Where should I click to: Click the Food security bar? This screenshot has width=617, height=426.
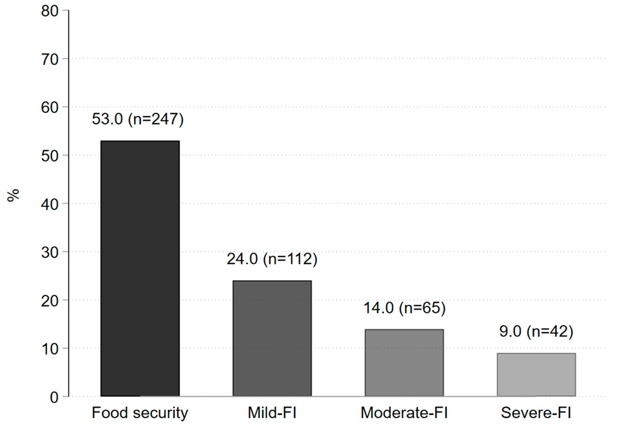[x=140, y=268]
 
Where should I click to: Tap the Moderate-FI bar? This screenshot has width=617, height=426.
[x=404, y=362]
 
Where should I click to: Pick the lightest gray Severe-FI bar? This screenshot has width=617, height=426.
[x=536, y=374]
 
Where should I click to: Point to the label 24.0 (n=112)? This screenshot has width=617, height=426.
[x=272, y=259]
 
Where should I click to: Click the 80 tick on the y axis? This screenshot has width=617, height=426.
[x=50, y=11]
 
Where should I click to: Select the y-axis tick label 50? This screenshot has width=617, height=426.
[x=50, y=156]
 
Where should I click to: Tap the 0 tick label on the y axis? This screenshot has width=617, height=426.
[x=54, y=397]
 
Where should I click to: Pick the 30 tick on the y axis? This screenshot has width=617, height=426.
[x=50, y=252]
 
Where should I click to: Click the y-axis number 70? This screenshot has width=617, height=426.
[x=50, y=59]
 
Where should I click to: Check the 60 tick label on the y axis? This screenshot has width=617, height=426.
[x=50, y=108]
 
